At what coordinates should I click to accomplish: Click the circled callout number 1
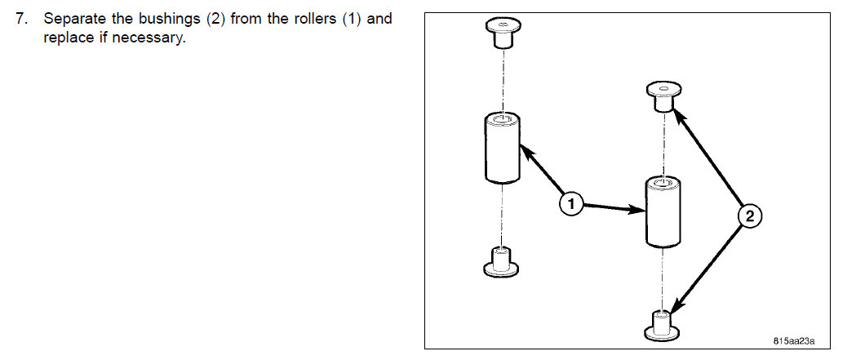click(572, 204)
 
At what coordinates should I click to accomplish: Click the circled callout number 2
click(750, 216)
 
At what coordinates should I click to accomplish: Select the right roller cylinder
click(663, 212)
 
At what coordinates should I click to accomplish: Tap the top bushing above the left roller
click(501, 33)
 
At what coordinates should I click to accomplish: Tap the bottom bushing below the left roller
click(501, 260)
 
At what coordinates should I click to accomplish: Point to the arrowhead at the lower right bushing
click(674, 312)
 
